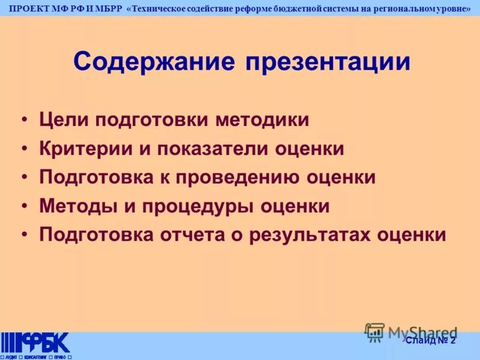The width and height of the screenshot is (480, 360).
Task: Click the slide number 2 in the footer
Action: [x=453, y=341]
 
